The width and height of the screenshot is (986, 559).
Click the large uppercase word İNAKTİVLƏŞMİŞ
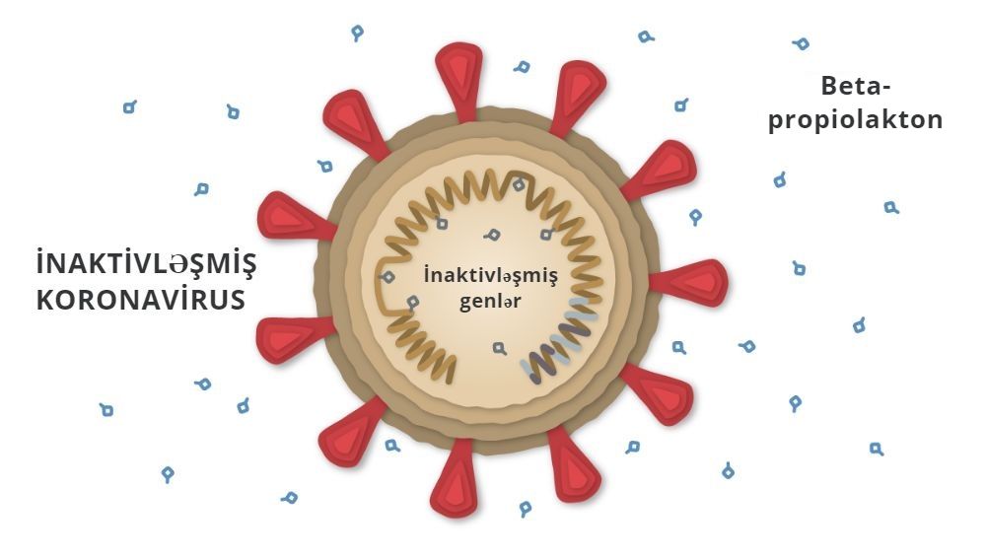[x=145, y=264]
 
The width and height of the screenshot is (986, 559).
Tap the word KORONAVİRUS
[x=140, y=300]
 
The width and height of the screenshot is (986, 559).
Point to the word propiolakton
[x=856, y=120]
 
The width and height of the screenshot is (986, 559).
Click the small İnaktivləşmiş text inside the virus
[x=490, y=275]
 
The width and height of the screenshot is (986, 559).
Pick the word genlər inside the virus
[x=490, y=300]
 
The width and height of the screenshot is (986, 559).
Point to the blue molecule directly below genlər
[x=501, y=347]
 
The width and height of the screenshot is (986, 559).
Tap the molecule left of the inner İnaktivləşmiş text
[x=388, y=279]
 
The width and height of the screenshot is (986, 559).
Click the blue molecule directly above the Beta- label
[x=802, y=44]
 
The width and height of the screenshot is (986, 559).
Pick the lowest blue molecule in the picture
[x=527, y=509]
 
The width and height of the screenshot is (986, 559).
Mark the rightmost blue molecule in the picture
[x=891, y=208]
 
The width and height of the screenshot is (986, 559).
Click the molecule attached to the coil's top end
[x=518, y=184]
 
